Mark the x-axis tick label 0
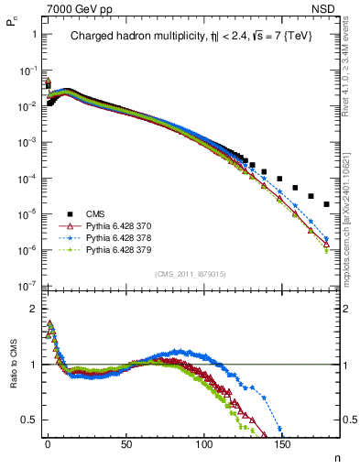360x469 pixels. (48, 446)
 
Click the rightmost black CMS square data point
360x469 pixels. (327, 203)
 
